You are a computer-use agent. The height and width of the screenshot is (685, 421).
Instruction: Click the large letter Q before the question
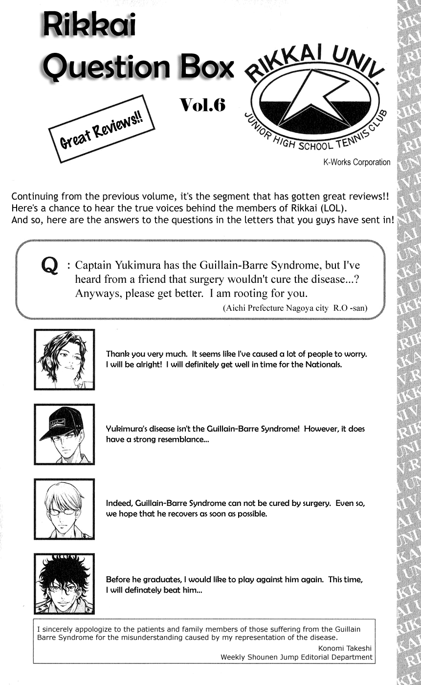[x=50, y=267]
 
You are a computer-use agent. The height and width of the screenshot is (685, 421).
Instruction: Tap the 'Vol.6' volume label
[x=202, y=105]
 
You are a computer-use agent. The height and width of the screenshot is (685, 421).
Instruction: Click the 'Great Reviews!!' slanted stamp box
[x=102, y=129]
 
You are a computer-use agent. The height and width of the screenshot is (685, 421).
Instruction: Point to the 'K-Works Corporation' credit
[x=356, y=162]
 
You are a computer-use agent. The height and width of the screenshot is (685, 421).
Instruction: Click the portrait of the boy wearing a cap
[x=64, y=434]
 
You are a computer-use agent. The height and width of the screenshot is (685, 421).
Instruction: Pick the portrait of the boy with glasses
[x=64, y=509]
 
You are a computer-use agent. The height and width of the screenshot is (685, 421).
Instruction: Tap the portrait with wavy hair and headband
[x=64, y=359]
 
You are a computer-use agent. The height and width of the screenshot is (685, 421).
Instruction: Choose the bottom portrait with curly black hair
[x=64, y=583]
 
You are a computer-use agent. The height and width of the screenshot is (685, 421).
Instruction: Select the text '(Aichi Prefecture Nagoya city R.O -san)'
[x=295, y=309]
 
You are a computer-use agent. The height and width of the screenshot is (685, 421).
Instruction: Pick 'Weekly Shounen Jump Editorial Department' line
[x=296, y=657]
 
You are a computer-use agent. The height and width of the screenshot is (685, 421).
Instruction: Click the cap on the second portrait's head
[x=60, y=420]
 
